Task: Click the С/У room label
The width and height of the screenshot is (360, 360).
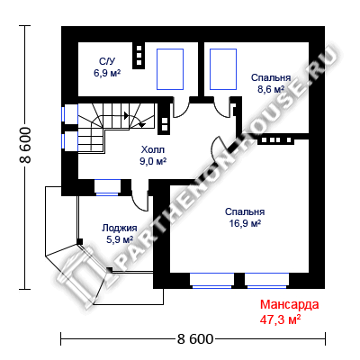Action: tap(107, 61)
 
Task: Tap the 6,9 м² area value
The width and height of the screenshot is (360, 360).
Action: tap(107, 73)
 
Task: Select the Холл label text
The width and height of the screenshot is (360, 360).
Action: tap(153, 149)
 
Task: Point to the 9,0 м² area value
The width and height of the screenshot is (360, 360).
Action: tap(153, 161)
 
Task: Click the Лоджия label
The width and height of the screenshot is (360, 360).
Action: tap(120, 228)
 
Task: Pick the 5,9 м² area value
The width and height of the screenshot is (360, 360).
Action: tap(120, 239)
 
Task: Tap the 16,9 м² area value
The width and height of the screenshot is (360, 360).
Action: tap(245, 223)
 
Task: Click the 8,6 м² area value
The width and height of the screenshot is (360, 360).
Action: tap(271, 89)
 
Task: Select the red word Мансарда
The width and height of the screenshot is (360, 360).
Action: tap(290, 304)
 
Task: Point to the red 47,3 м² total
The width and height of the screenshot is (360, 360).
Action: tap(281, 319)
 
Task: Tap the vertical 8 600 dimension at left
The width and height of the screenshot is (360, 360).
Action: tap(25, 145)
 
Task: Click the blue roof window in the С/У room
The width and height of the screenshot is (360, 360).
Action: tap(170, 69)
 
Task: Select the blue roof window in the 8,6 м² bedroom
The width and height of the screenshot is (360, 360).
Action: tap(223, 69)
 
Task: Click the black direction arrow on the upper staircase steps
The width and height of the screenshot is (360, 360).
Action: tap(126, 115)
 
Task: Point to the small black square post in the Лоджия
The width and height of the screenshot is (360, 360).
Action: tap(80, 241)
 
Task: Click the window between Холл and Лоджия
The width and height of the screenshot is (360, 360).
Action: tap(107, 187)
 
